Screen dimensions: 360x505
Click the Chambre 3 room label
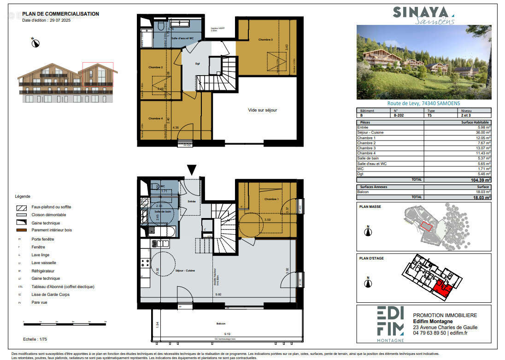[x=265, y=40]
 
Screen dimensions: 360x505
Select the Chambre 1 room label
[x=271, y=199]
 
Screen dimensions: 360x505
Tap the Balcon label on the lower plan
[x=221, y=324]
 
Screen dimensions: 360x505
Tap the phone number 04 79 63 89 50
[x=429, y=333]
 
